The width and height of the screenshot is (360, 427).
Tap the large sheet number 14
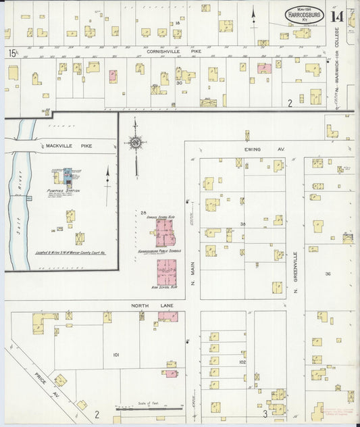337,16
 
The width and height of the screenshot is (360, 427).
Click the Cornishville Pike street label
174,50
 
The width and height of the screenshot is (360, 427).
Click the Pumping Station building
67,178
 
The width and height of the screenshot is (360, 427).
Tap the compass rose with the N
136,143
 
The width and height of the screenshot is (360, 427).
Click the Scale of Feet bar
149,407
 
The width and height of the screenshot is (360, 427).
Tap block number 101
115,354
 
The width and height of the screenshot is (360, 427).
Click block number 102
242,361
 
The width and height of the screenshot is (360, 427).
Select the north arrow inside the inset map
107,177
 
